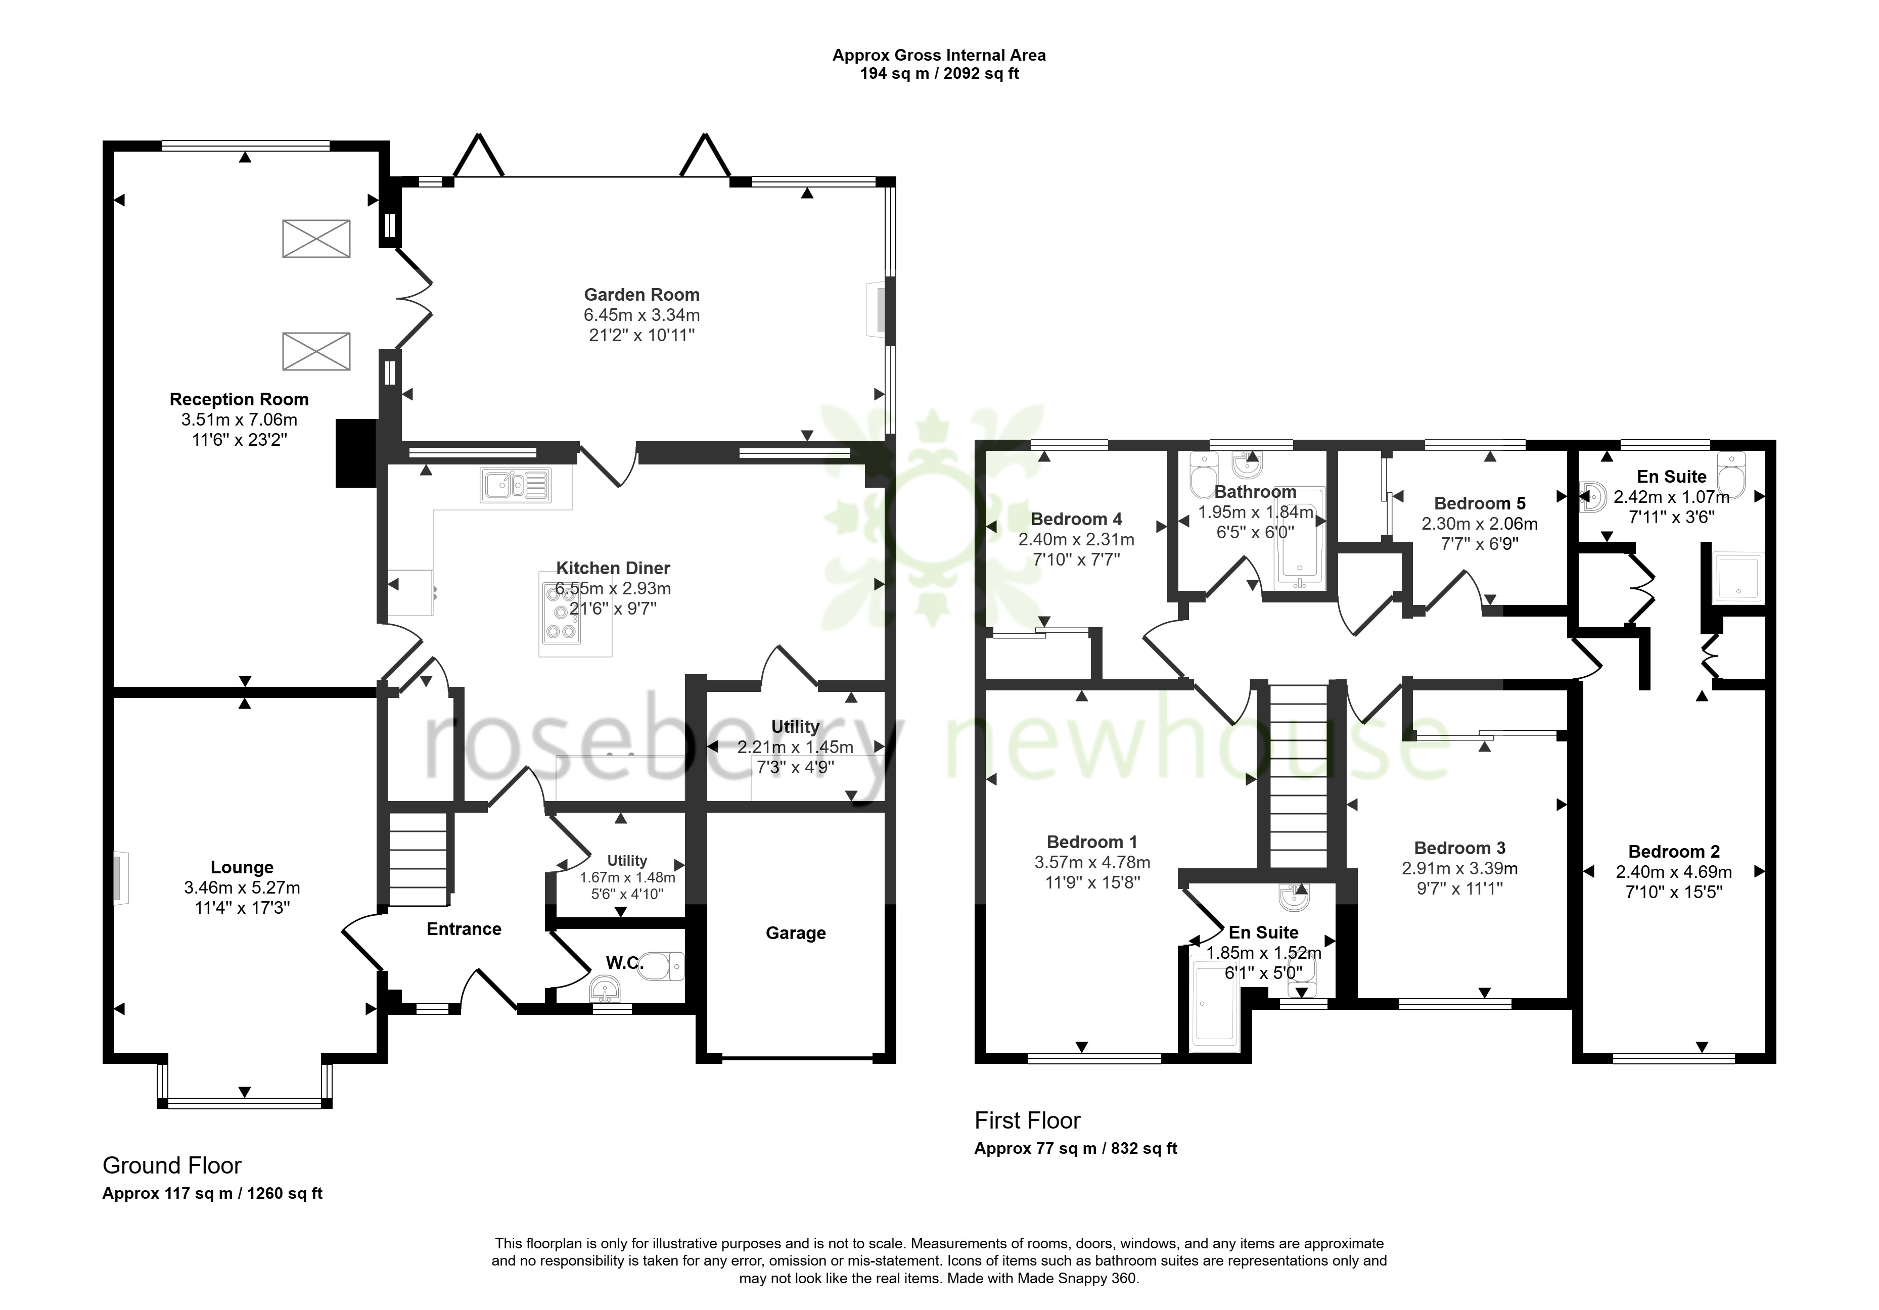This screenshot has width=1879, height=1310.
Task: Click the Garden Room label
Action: [641, 295]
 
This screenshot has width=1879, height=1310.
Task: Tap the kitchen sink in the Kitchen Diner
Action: [516, 485]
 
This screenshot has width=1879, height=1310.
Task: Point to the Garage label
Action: [796, 933]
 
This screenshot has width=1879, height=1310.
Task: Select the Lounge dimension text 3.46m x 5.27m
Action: [242, 888]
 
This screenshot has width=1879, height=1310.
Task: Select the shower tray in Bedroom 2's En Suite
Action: [1738, 578]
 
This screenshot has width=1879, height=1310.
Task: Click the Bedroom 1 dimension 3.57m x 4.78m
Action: [1092, 862]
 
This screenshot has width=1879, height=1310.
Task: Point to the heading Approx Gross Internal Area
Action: [939, 56]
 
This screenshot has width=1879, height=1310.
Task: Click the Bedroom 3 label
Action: [1460, 849]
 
